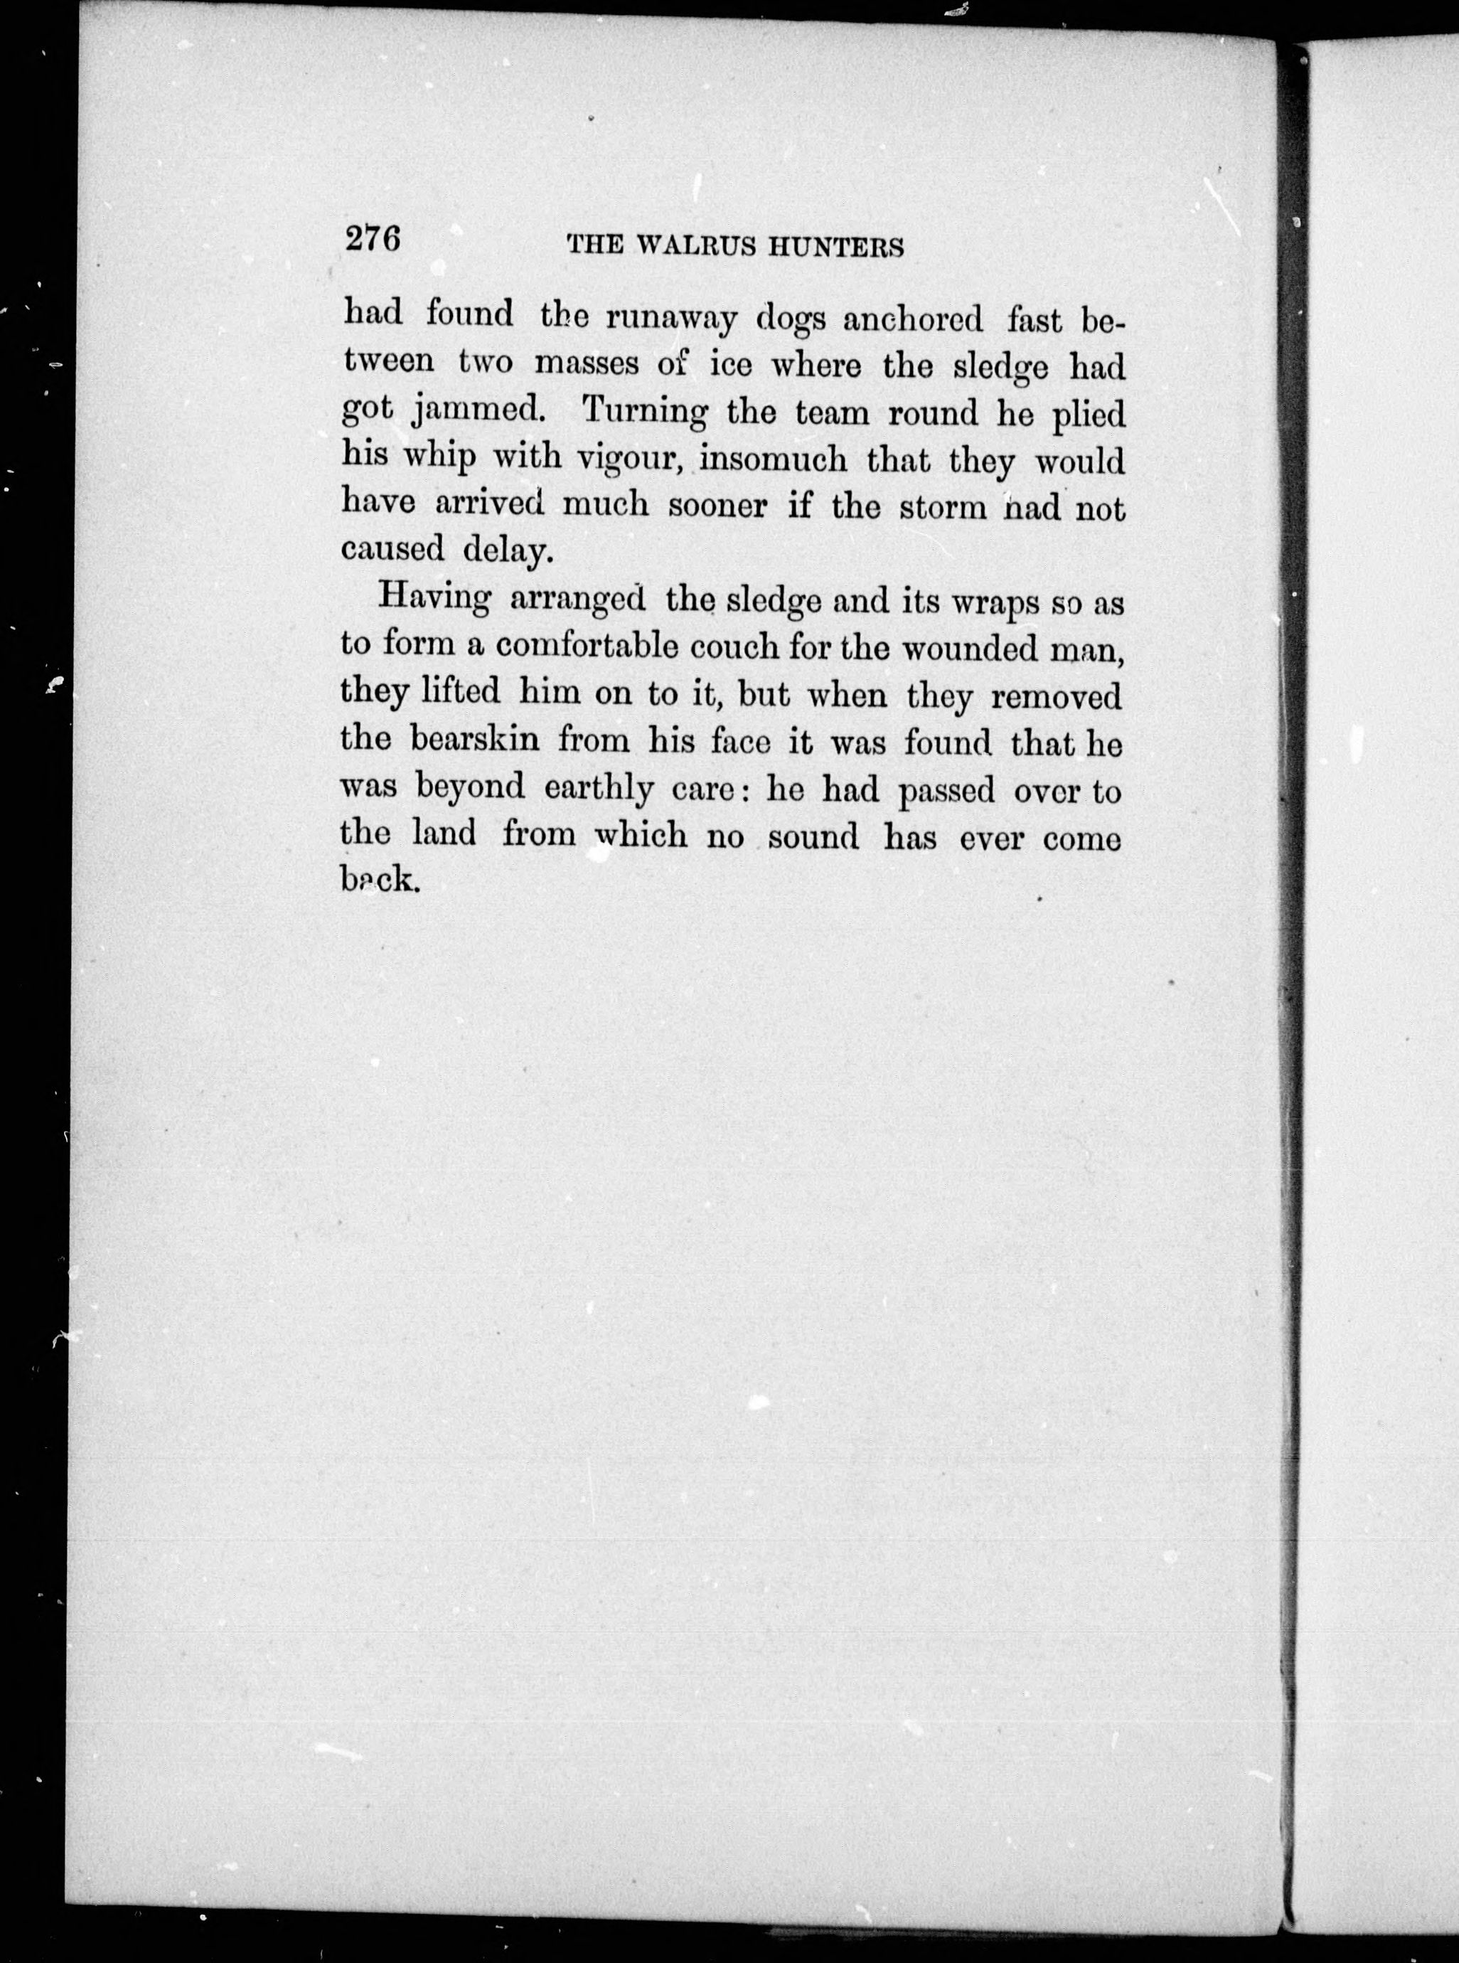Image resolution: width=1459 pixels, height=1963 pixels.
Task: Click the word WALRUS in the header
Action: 698,248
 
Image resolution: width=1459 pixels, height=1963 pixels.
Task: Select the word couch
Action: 733,647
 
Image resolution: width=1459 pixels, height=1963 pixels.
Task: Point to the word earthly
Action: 599,789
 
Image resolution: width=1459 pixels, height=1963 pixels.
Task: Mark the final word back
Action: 378,879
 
